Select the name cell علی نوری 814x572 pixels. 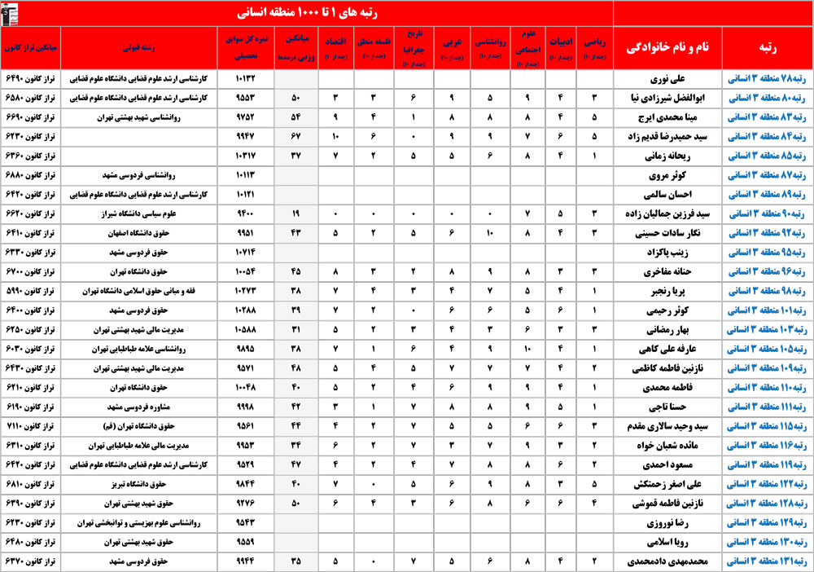point(663,80)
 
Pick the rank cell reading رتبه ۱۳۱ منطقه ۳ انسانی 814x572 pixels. point(768,561)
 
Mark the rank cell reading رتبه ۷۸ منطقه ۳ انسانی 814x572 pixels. point(768,80)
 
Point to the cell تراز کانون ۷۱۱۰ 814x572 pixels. point(33,426)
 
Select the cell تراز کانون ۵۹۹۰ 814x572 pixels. point(33,291)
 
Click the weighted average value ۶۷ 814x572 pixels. point(294,137)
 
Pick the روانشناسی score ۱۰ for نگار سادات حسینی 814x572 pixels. point(491,233)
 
